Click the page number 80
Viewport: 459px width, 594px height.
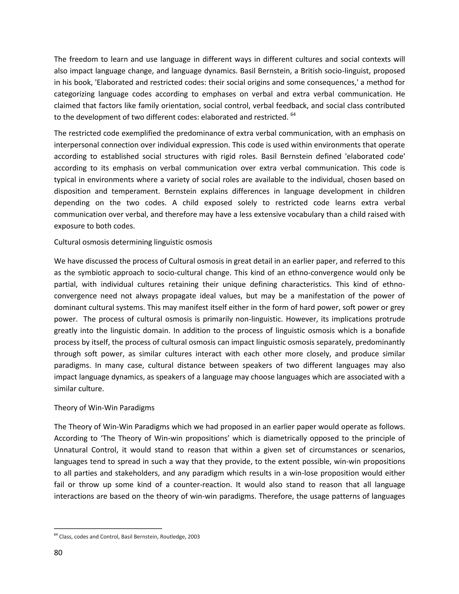[58, 553]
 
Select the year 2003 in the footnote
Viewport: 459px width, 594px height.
[194, 537]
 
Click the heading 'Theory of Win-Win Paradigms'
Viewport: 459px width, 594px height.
[104, 408]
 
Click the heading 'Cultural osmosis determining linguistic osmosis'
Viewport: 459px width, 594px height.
[133, 242]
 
